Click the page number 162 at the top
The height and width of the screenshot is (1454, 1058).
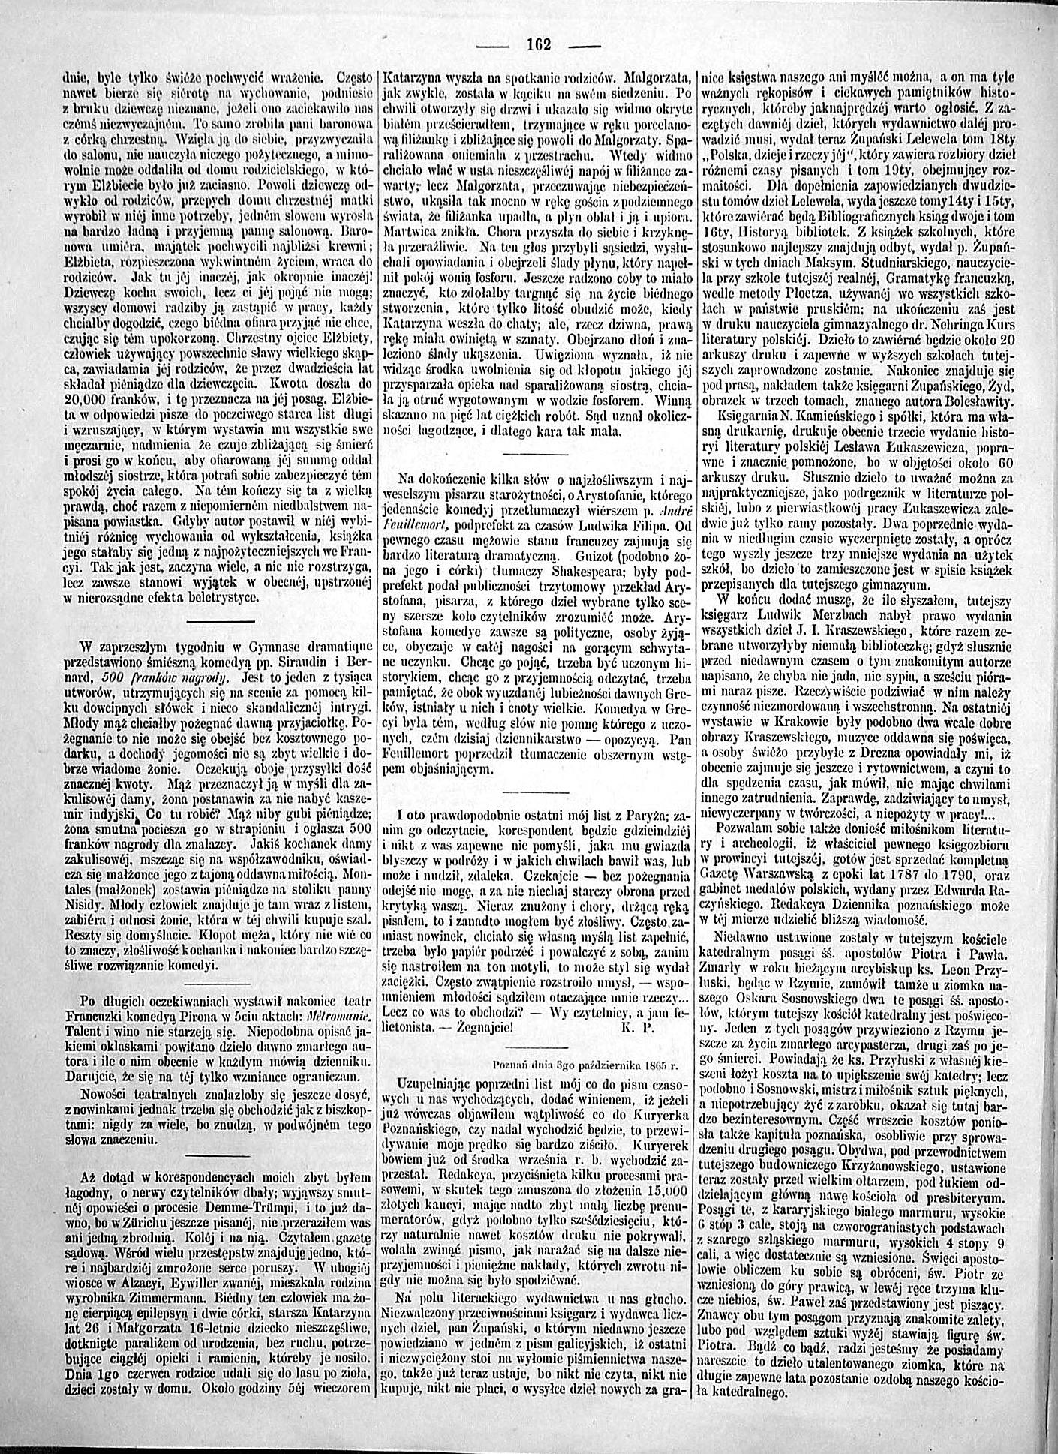point(539,44)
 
